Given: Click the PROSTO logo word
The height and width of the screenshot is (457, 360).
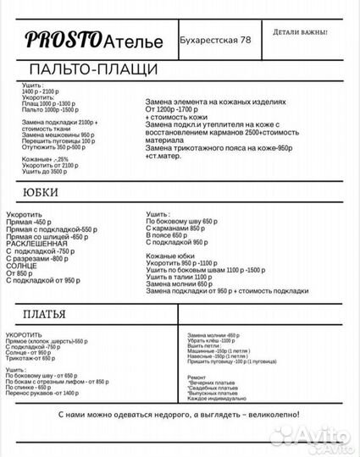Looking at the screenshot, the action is (63, 39).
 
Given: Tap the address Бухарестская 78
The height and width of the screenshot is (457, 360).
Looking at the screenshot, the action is (215, 40).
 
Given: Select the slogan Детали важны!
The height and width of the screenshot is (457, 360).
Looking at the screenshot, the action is (300, 32).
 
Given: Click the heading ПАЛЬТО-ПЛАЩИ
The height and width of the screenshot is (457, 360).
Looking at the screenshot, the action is (93, 69).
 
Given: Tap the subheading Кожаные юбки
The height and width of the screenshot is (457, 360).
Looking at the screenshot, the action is (170, 255).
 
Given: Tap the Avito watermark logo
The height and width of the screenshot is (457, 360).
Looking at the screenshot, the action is (324, 433).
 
